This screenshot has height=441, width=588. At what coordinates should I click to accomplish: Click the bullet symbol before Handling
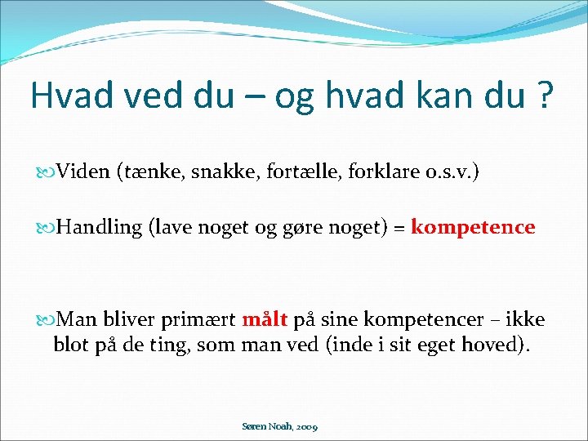(47, 227)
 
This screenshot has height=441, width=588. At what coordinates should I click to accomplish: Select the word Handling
(100, 227)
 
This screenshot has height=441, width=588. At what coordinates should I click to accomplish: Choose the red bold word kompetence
(473, 227)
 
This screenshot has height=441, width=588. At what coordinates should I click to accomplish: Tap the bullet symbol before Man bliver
(47, 318)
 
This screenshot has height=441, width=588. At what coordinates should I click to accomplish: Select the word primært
(201, 318)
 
